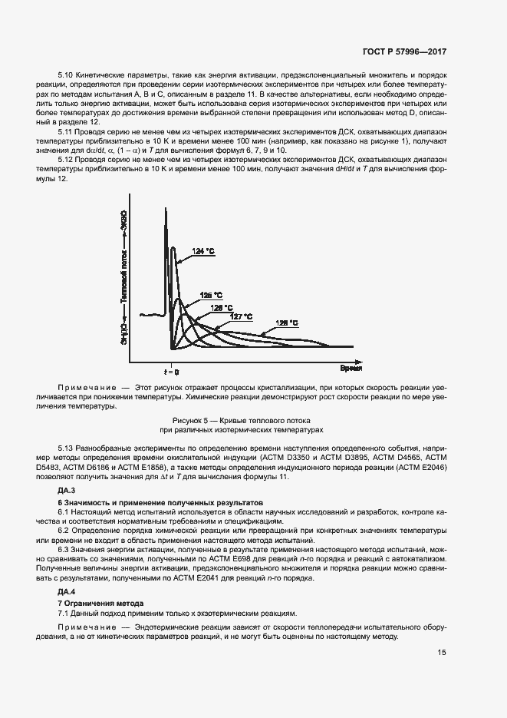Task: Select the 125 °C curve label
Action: [211, 295]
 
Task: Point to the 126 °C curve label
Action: [222, 307]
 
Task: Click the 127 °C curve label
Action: [242, 316]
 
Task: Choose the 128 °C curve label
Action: [287, 323]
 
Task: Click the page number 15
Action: [442, 653]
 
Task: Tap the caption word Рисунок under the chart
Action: [189, 421]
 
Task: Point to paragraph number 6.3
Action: [65, 550]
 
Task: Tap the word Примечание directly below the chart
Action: [87, 389]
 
